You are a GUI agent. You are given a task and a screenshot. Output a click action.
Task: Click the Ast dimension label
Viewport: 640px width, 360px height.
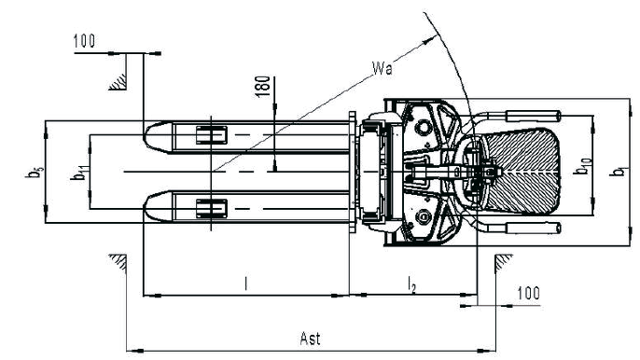(310, 339)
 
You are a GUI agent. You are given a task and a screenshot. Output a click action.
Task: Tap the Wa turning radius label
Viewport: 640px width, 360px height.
(383, 68)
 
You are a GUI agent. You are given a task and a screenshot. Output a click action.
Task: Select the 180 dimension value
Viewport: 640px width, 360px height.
(263, 86)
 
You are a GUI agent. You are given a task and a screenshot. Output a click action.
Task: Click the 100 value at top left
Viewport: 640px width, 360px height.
(85, 41)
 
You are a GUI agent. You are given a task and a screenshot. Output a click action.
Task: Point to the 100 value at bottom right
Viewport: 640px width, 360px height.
(529, 293)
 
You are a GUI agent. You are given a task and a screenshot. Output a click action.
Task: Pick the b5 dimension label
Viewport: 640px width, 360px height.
(33, 172)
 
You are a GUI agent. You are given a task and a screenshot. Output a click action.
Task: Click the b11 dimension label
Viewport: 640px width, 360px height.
(77, 172)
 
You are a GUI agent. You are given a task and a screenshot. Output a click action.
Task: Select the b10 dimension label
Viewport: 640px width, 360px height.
(582, 166)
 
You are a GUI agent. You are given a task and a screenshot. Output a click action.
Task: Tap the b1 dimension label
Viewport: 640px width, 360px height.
(618, 171)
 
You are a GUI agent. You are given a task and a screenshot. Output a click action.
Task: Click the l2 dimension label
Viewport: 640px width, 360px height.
(412, 284)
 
